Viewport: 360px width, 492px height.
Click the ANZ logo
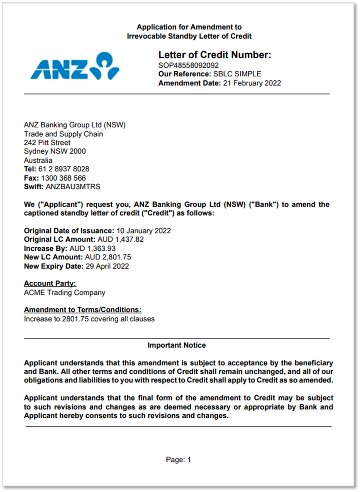coord(75,67)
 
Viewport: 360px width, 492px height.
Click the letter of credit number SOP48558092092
coord(189,65)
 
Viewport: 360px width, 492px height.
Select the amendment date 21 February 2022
coord(251,83)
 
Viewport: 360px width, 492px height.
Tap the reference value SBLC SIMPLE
coord(237,74)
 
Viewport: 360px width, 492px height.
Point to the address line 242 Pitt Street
coord(47,143)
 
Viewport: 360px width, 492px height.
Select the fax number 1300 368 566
coord(63,178)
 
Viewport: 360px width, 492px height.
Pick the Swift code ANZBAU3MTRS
coord(73,187)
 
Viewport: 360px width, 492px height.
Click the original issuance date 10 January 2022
coord(143,231)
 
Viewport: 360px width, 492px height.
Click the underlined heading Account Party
coord(50,284)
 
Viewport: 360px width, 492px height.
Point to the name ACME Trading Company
coord(64,293)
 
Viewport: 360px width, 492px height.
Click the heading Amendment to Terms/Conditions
coord(82,310)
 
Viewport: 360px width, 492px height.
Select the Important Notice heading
coord(177,345)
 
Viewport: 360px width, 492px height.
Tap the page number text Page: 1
coord(178,460)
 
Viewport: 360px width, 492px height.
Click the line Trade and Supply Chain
coord(63,134)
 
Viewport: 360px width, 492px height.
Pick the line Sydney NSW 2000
coord(55,151)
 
